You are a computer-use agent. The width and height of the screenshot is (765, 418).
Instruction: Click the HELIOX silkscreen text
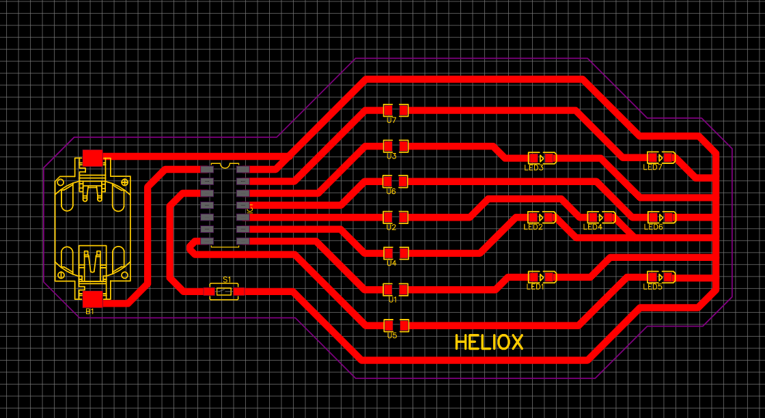click(489, 342)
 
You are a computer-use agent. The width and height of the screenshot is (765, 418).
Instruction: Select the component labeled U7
click(395, 110)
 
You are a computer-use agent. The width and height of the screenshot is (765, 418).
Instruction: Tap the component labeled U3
click(395, 145)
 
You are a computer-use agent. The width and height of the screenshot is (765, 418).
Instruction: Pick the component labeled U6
click(395, 181)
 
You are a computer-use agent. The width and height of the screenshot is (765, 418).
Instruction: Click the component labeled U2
click(395, 217)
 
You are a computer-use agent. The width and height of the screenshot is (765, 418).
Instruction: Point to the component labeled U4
click(395, 253)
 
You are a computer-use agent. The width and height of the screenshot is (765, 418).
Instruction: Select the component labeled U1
click(395, 290)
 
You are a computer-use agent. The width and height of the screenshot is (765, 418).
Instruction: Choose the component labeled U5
click(395, 325)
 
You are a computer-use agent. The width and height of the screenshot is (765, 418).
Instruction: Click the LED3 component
click(542, 158)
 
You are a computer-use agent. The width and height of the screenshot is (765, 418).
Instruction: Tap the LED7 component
click(661, 158)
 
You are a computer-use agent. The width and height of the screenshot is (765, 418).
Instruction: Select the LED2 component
click(542, 217)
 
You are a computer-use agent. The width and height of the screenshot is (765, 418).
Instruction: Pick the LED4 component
click(601, 217)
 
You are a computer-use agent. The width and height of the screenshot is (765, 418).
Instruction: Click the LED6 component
click(661, 217)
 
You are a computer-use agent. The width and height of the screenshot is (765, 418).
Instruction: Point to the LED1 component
click(542, 277)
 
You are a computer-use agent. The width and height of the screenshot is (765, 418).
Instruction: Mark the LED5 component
click(661, 277)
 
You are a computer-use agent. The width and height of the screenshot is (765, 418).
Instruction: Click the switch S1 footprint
click(224, 292)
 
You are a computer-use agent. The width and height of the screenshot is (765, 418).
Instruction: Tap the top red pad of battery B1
click(92, 157)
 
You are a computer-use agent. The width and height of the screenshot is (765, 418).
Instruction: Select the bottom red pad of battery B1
click(92, 299)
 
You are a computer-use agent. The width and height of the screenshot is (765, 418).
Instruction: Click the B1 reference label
click(89, 312)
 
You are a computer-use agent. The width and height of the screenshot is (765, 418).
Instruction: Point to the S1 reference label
click(227, 280)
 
